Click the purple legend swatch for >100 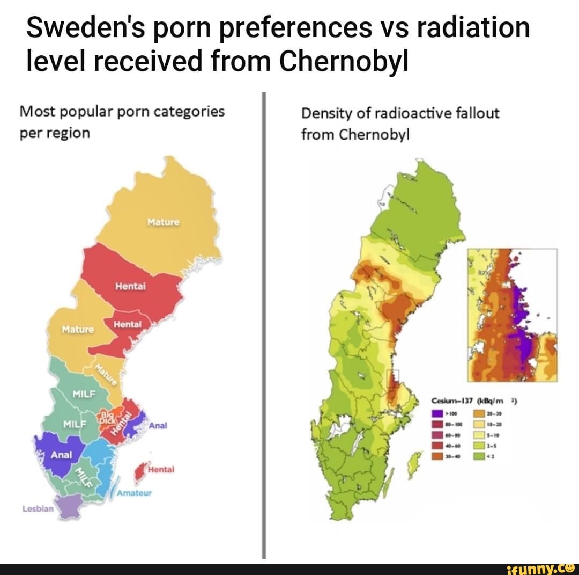437,414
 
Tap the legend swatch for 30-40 437,457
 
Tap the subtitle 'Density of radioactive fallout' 400,114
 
